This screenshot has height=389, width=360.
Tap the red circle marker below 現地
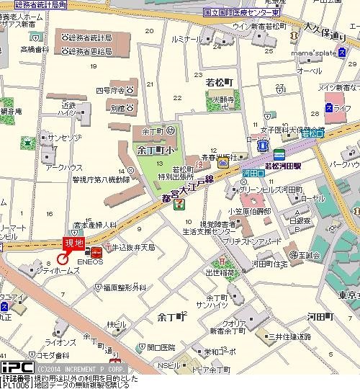pyautogui.click(x=63, y=258)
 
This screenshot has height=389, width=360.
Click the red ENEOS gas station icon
pyautogui.click(x=94, y=251)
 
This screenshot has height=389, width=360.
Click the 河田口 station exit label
pyautogui.click(x=251, y=174)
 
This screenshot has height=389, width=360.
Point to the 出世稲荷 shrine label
pyautogui.click(x=220, y=272)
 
